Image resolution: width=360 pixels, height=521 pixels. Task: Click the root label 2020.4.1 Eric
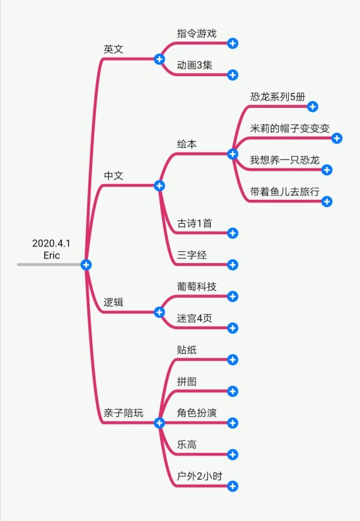51,249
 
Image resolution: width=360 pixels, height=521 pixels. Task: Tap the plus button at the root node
86,264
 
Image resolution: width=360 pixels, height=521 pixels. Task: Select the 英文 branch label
113,49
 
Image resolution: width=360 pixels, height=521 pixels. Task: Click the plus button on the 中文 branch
159,186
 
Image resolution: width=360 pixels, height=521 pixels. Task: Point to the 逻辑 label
113,302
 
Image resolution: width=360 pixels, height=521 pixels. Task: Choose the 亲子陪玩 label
123,413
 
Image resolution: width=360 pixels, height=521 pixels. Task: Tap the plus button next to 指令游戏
233,43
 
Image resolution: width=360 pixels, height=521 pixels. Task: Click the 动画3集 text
195,65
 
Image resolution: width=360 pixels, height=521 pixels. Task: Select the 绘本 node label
187,144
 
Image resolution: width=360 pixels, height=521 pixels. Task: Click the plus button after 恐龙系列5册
313,107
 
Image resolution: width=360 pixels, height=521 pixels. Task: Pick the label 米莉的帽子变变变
290,129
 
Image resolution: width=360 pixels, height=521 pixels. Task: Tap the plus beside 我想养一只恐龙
327,170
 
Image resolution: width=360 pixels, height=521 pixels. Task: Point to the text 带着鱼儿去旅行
285,192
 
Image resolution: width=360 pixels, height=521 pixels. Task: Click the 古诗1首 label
195,223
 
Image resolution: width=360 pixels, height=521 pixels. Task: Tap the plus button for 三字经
233,264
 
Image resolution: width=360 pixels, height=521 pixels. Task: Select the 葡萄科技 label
197,286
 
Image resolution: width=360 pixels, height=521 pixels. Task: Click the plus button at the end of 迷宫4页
233,328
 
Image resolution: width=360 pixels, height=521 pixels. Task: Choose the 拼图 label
187,382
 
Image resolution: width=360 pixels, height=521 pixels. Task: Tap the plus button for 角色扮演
233,423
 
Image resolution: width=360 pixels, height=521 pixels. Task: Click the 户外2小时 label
199,476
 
